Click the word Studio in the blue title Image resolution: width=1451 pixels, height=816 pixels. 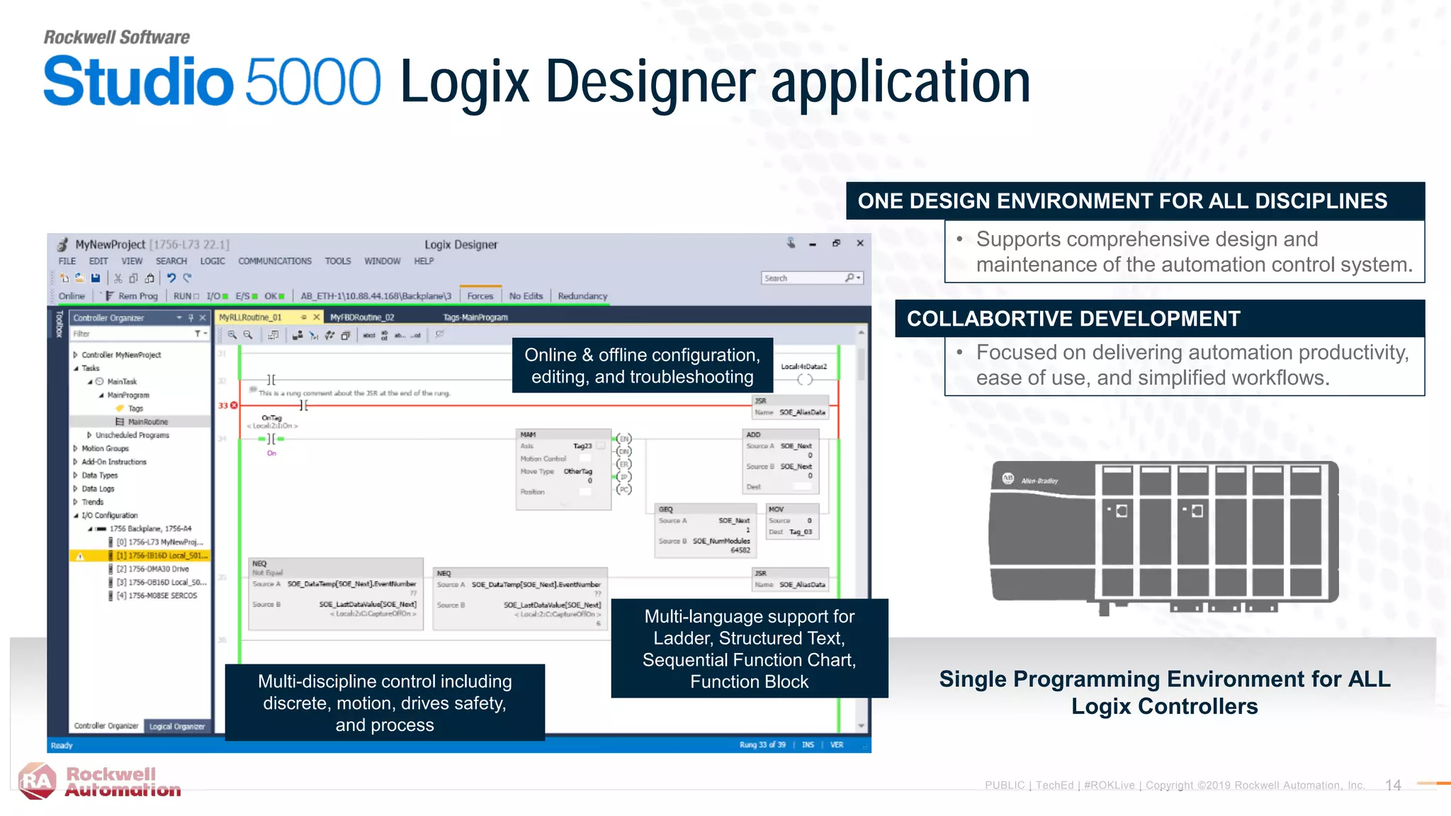(138, 82)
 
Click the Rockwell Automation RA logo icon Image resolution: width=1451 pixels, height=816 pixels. (37, 781)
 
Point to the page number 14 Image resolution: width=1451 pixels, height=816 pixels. (1393, 785)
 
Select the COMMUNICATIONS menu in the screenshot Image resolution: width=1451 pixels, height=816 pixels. (274, 261)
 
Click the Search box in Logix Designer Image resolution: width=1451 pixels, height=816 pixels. (804, 278)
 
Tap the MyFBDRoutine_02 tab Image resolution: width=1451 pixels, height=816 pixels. (361, 317)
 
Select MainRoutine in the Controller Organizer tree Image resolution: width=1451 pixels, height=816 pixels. (147, 421)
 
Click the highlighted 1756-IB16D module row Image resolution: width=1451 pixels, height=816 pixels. (162, 555)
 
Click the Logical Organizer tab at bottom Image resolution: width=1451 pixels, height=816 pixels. (176, 726)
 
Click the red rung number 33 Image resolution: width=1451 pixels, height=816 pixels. (223, 406)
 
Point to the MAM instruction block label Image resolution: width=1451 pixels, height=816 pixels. (528, 434)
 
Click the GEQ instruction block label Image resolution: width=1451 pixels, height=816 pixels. (665, 509)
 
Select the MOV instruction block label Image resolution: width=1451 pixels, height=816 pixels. (776, 509)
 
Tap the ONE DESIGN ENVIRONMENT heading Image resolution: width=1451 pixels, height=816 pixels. (1122, 201)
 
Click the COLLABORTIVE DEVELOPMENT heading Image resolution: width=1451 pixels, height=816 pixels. (1073, 319)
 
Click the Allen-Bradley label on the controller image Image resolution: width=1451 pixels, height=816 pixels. (1039, 481)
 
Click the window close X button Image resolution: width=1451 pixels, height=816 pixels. (860, 243)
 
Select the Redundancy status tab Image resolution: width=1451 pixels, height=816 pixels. (582, 296)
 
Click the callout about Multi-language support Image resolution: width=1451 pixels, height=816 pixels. (749, 649)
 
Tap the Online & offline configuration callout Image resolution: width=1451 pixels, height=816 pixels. (642, 365)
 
